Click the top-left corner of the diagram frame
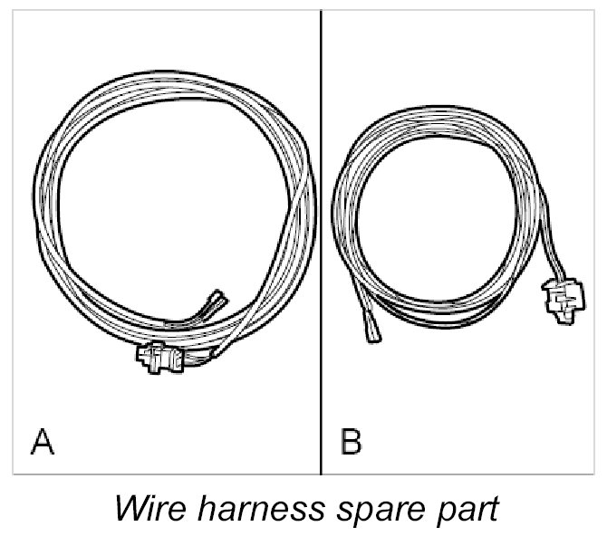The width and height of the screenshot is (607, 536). [13, 11]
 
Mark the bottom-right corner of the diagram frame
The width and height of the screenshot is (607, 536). [593, 474]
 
